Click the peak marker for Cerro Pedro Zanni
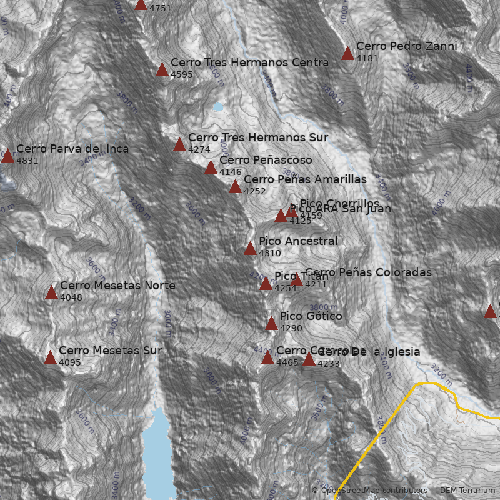coord(348,54)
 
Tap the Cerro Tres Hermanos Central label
coord(251,62)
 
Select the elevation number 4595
coord(181,74)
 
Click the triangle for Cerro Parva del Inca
coord(7,156)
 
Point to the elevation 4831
coord(27,161)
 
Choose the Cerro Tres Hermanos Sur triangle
coord(179,145)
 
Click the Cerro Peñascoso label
coord(265,160)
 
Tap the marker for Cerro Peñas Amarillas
coord(235,187)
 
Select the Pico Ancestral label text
coord(297,241)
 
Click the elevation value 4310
coord(269,253)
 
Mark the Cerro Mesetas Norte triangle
coord(51,293)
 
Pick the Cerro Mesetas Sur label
coord(110,351)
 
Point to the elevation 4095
coord(70,362)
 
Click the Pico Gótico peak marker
coord(271,324)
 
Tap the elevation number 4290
coord(291,328)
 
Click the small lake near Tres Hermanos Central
coord(217,106)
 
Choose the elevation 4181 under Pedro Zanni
coord(367,58)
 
